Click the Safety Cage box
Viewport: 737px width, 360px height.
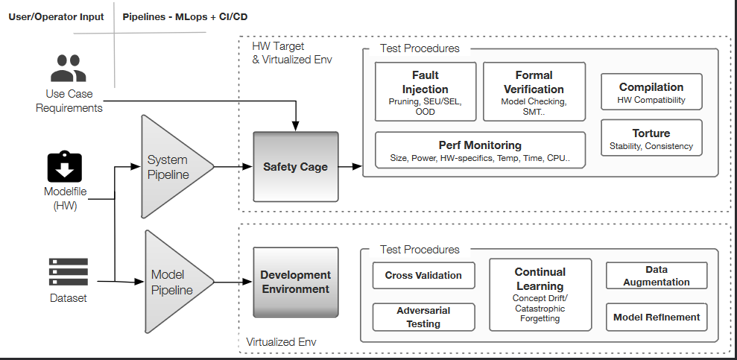point(295,166)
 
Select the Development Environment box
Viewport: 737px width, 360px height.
point(295,282)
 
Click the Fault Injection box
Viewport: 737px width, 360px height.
point(425,91)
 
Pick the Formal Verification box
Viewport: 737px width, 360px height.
point(533,91)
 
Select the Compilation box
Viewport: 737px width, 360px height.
point(651,93)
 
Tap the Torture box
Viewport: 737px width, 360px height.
point(651,139)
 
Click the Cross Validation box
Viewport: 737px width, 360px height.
point(423,275)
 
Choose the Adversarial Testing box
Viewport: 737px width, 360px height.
point(423,317)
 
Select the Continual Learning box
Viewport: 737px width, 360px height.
point(540,294)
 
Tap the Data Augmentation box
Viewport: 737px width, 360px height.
point(656,275)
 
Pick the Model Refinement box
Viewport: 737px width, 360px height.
point(656,317)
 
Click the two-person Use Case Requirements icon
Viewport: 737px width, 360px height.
point(69,69)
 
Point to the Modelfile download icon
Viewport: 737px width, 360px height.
point(64,166)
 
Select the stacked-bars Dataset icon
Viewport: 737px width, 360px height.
point(68,272)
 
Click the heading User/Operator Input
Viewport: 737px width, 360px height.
point(57,16)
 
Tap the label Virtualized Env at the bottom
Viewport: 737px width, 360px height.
point(281,341)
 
